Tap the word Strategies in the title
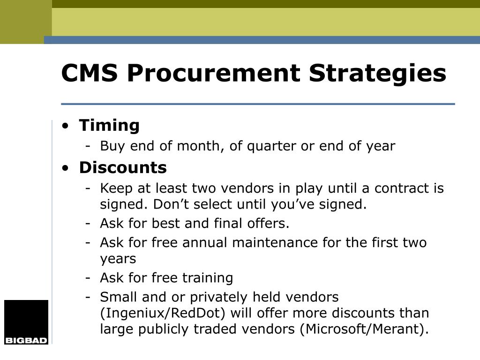pos(377,74)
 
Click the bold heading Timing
pos(109,126)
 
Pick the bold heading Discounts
pos(123,167)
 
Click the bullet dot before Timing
pos(65,126)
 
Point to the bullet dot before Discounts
pos(65,168)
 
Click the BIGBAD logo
pos(26,322)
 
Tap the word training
pos(208,278)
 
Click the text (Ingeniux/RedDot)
pos(163,313)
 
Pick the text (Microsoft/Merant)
pos(364,329)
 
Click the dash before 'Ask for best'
pos(88,224)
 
